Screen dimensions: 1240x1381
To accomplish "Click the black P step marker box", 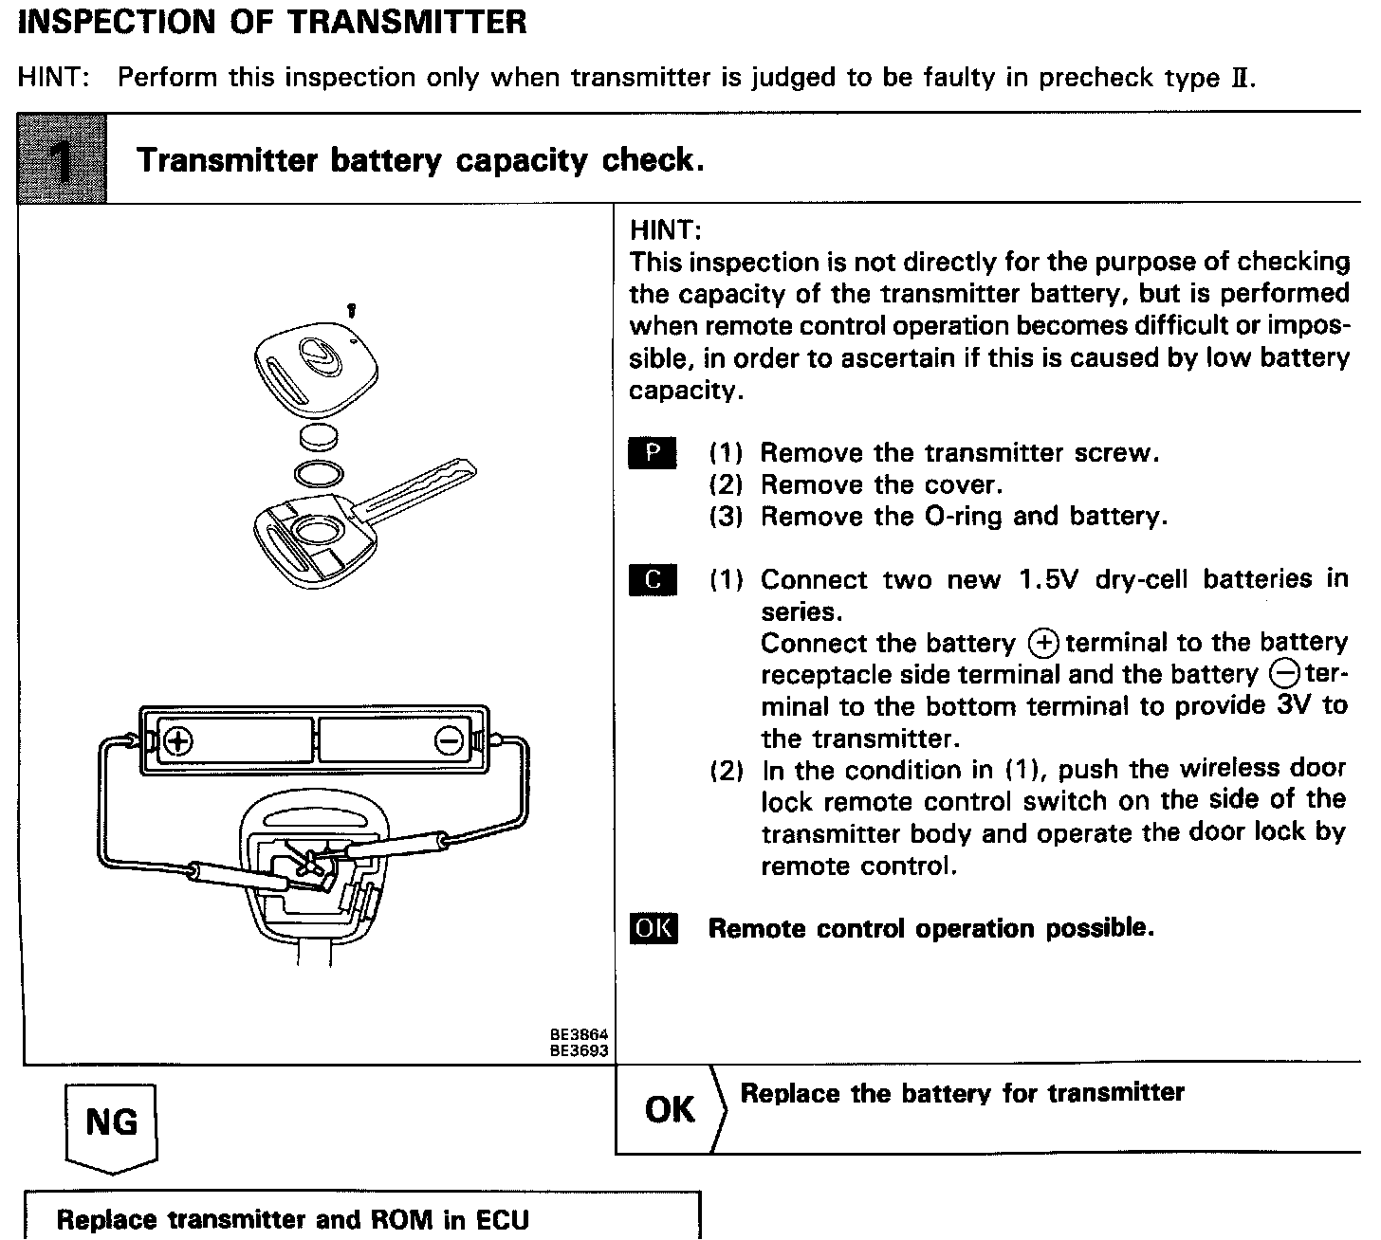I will [653, 453].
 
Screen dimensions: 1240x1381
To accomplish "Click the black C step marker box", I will [653, 579].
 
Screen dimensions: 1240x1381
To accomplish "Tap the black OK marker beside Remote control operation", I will [653, 928].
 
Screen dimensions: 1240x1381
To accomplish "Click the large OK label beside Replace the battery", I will [670, 1109].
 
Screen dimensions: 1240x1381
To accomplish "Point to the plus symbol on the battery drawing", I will [177, 740].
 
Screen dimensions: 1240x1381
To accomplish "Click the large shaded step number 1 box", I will [63, 158].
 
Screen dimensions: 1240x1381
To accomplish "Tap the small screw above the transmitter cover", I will [352, 310].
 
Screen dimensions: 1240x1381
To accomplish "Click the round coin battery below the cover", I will [319, 439].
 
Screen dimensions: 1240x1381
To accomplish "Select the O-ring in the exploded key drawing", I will [318, 472].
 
